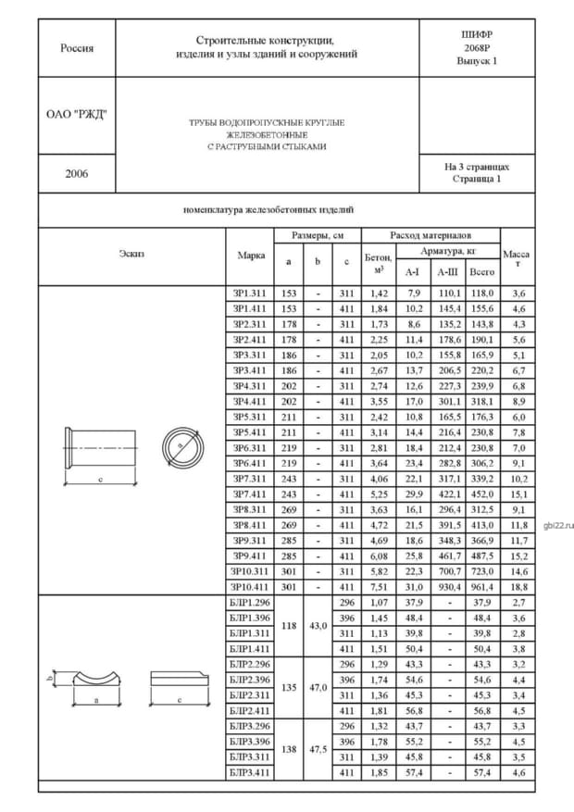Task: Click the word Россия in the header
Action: [x=77, y=48]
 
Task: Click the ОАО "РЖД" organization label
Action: [x=77, y=115]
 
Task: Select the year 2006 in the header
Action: [x=77, y=173]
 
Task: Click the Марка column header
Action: [x=251, y=256]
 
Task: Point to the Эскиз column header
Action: [x=131, y=253]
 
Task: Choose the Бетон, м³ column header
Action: [x=378, y=264]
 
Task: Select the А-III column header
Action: [x=448, y=272]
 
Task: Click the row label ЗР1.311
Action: [x=250, y=293]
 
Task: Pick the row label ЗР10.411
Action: [x=250, y=586]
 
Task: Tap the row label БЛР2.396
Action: [x=250, y=679]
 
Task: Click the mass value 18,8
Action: [x=518, y=586]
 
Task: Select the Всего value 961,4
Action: [x=482, y=586]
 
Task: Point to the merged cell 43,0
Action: [x=318, y=625]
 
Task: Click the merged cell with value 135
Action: [x=288, y=687]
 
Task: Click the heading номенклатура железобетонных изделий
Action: [x=268, y=210]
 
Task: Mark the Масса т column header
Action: [x=518, y=257]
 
